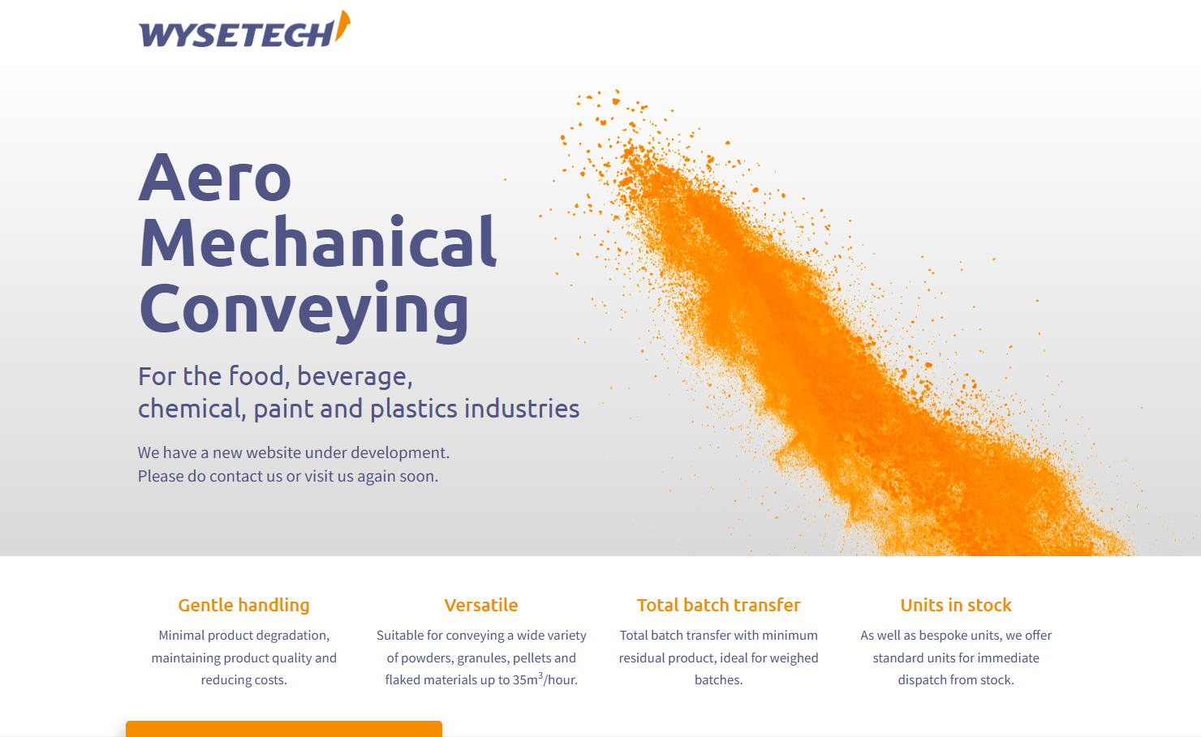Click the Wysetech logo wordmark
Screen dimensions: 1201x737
click(236, 34)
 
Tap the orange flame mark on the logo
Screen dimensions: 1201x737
click(342, 26)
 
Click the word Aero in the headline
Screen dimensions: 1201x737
click(215, 178)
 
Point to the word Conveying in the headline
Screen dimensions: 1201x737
click(304, 311)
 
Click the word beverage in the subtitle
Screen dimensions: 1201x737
click(355, 376)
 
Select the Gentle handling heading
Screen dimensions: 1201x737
click(244, 605)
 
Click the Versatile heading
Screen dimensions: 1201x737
click(481, 605)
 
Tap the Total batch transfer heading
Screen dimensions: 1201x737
click(718, 605)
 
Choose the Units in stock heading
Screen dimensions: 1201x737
click(956, 605)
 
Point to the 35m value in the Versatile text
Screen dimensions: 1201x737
click(525, 680)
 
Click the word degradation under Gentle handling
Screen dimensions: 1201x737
click(295, 636)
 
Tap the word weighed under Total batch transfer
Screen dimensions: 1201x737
click(794, 658)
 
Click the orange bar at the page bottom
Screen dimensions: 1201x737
click(284, 729)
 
